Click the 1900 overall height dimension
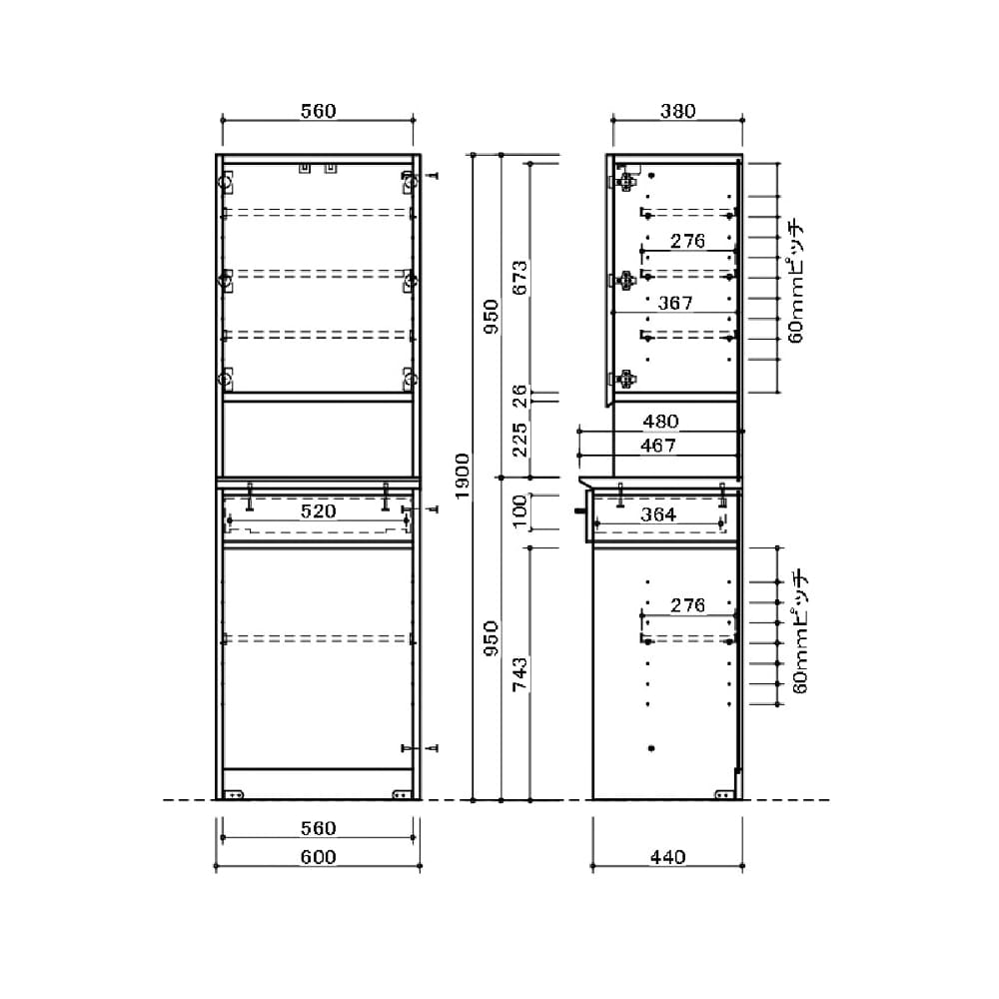pos(463,476)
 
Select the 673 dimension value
pos(519,277)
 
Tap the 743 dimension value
pos(519,674)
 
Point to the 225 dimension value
pos(519,439)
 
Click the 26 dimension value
pos(519,397)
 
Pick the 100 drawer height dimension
pos(519,510)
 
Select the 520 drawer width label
pos(318,510)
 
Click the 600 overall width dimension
pos(318,857)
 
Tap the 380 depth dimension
pos(678,111)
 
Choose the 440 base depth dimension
pos(667,857)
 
